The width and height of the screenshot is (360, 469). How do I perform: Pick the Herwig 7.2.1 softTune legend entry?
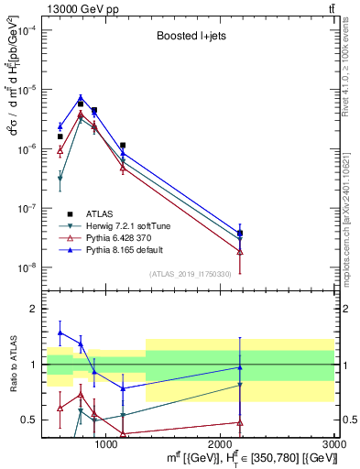(x=128, y=225)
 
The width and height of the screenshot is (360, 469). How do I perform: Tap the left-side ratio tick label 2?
(x=32, y=310)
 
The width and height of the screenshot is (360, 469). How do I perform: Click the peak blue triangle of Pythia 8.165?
(x=81, y=97)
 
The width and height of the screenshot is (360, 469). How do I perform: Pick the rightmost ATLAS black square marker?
(x=240, y=234)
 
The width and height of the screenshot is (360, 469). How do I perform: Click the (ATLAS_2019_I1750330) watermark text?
(x=191, y=274)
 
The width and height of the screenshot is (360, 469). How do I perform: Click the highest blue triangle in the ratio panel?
(x=60, y=333)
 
